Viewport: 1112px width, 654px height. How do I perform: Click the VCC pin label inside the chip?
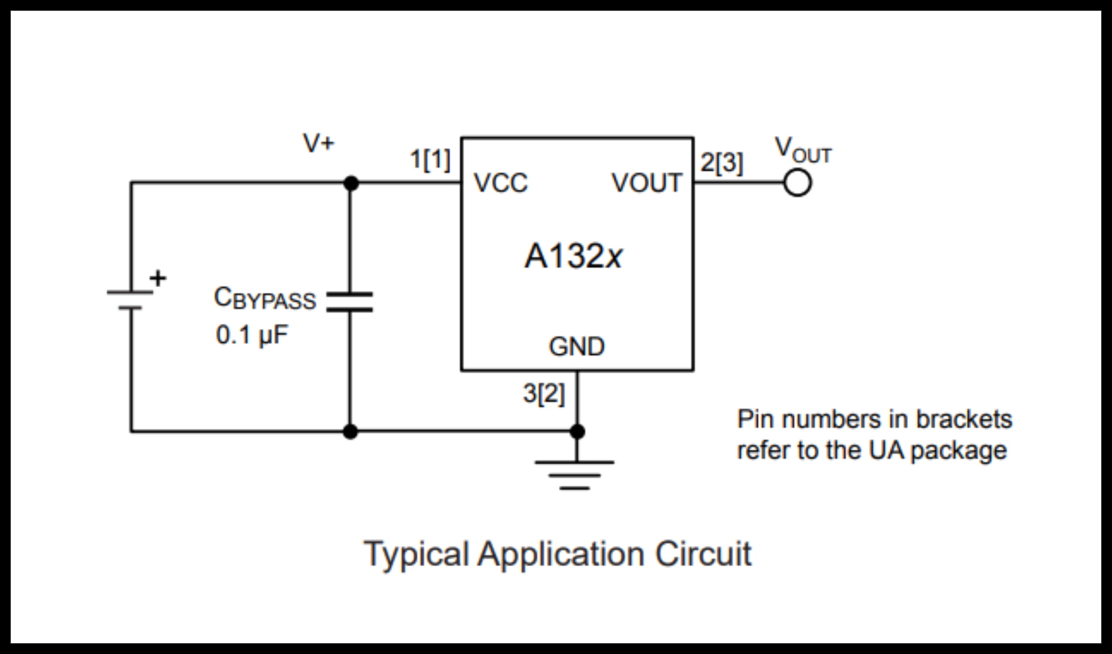[500, 183]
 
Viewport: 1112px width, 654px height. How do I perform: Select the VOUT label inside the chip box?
[646, 183]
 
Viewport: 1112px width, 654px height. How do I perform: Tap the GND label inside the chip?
[577, 347]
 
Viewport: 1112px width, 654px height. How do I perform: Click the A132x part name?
[573, 256]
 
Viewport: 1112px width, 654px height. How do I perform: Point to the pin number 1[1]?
[430, 160]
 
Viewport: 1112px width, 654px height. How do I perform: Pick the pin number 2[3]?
[721, 162]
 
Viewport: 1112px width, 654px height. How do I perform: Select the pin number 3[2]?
[543, 393]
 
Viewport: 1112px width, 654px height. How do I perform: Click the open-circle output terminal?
[797, 183]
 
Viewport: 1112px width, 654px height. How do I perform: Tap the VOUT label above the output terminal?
[803, 150]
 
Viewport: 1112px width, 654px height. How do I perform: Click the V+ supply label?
[319, 143]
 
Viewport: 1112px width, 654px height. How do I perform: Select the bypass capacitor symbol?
[349, 301]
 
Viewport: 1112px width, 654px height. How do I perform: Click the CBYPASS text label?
[265, 299]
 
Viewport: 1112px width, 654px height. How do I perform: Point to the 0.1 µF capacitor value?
[251, 335]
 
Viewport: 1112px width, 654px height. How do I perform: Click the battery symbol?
[130, 300]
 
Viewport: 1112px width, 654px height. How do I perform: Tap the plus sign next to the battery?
[158, 278]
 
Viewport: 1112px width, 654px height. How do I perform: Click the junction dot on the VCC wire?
[351, 183]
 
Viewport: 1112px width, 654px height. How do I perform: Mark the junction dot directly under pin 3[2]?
[577, 432]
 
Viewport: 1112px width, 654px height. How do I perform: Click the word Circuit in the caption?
[703, 554]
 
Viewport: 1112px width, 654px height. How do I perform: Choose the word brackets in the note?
[963, 419]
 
